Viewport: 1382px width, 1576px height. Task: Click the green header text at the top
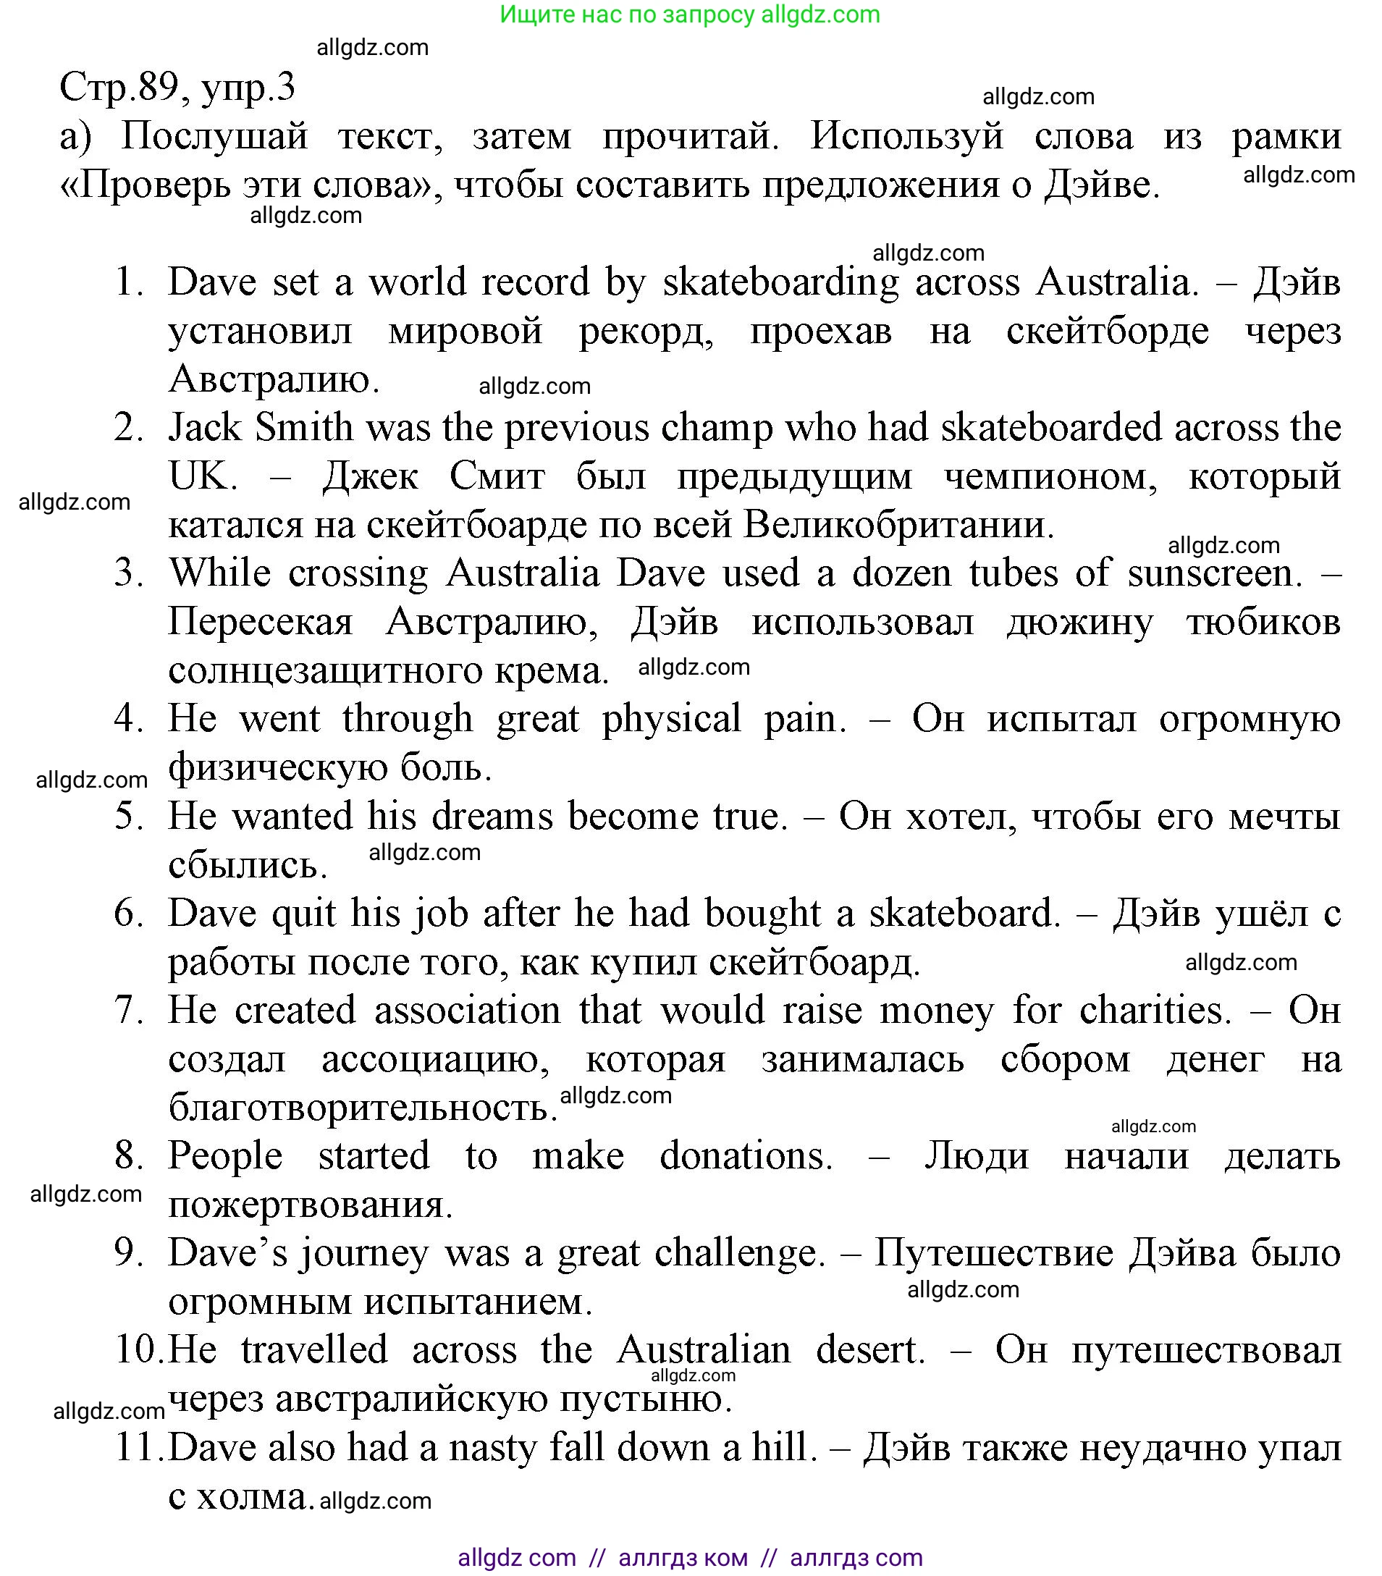pos(689,14)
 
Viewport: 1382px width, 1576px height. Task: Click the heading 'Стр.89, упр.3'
pos(177,86)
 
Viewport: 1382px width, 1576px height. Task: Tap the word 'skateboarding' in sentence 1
pos(780,282)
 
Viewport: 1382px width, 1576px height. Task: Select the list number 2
pos(129,428)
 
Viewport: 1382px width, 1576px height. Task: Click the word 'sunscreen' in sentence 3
pos(1213,573)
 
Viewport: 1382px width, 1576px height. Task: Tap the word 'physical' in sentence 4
pos(671,720)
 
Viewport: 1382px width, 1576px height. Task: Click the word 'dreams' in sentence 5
pos(492,817)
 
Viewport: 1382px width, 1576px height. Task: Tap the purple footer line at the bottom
pos(689,1557)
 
